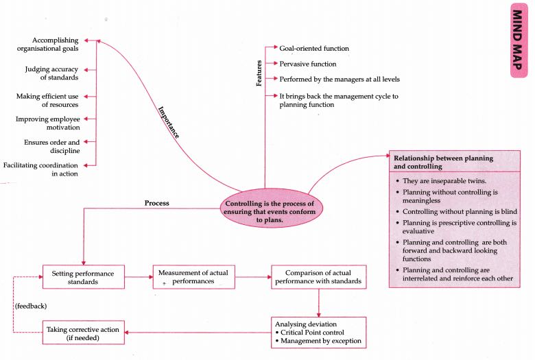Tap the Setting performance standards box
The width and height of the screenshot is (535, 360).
[x=83, y=277]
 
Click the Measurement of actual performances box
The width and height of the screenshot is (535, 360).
[x=192, y=276]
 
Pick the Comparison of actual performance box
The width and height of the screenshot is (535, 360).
[x=318, y=276]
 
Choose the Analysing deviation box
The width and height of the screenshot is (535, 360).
[x=318, y=331]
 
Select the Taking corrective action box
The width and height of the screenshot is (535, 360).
[x=83, y=334]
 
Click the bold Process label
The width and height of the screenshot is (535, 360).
[x=157, y=204]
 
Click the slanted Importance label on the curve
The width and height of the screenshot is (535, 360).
[x=169, y=123]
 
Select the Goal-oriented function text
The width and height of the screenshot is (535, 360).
[x=314, y=49]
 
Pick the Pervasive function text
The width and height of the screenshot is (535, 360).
[x=308, y=64]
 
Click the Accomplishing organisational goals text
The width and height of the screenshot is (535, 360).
[x=50, y=45]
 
